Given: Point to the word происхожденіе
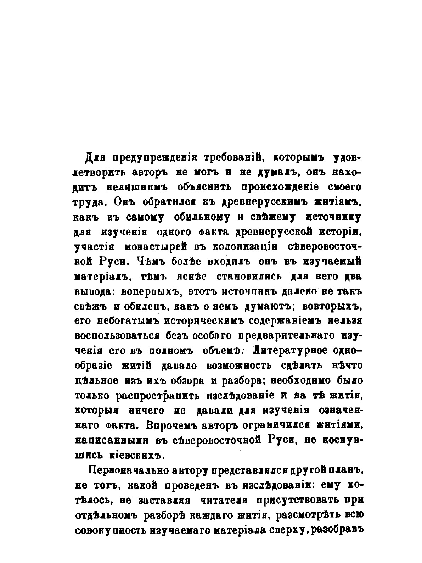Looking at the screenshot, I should coord(282,187).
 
